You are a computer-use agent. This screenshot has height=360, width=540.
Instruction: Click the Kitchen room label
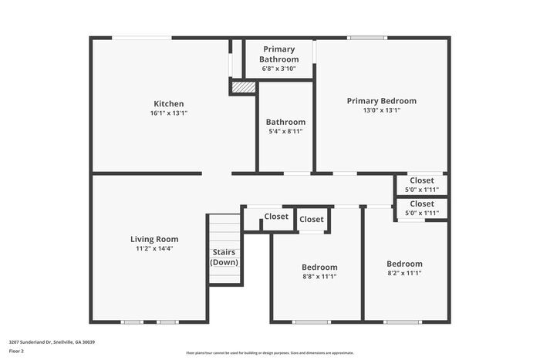click(x=168, y=103)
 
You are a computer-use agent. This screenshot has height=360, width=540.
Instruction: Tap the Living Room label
click(x=154, y=239)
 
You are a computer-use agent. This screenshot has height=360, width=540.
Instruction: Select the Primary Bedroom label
click(x=381, y=101)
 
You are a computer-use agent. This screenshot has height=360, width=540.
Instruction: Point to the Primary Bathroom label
click(x=278, y=54)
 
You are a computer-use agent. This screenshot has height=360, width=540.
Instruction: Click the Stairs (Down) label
click(x=224, y=257)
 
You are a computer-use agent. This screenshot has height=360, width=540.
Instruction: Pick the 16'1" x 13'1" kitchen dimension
click(x=169, y=113)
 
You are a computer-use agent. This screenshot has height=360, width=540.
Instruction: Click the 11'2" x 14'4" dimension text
click(x=154, y=249)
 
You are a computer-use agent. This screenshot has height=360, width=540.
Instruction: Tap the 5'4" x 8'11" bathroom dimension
click(x=285, y=132)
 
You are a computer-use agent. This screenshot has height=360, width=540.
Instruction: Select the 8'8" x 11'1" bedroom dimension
click(x=319, y=277)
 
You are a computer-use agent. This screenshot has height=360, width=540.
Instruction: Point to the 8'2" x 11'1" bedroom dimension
click(x=404, y=273)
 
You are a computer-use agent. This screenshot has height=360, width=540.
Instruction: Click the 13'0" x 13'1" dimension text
click(x=381, y=111)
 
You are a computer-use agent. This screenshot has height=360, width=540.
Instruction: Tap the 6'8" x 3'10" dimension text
click(x=278, y=69)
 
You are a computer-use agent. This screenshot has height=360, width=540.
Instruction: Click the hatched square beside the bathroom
click(x=243, y=87)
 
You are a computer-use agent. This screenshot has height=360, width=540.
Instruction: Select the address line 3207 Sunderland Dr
click(x=52, y=341)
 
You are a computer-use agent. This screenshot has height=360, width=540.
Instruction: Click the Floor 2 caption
click(x=17, y=351)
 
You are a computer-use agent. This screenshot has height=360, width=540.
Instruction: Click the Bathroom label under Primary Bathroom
click(x=285, y=122)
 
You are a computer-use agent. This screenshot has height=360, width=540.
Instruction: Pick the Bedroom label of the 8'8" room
click(x=319, y=267)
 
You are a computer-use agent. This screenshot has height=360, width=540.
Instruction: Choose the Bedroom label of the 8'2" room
click(x=404, y=263)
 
